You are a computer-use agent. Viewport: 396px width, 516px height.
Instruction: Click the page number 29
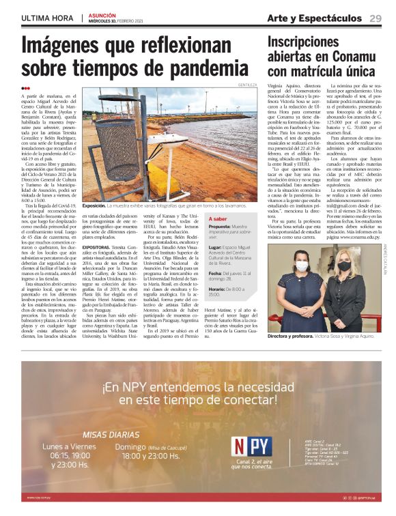click(x=376, y=18)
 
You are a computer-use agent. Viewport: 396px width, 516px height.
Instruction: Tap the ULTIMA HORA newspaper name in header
click(x=48, y=18)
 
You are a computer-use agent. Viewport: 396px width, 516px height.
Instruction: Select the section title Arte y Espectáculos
click(x=314, y=18)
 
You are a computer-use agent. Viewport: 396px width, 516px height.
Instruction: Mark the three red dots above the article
click(x=25, y=88)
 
